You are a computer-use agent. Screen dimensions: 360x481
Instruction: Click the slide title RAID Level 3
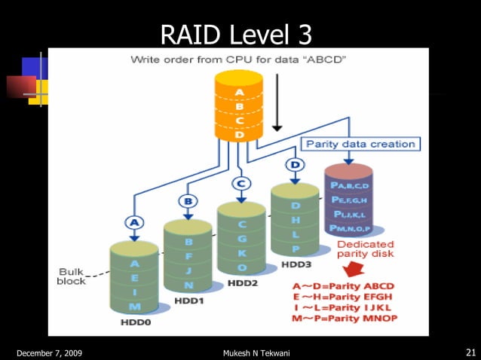[x=236, y=34]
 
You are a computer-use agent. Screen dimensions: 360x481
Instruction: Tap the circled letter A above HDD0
[x=133, y=222]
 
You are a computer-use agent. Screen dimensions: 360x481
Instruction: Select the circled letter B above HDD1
[x=187, y=201]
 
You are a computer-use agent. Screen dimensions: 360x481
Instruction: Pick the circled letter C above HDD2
[x=241, y=183]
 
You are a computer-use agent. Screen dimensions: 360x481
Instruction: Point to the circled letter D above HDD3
[x=295, y=164]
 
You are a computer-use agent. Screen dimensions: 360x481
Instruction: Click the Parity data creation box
[x=360, y=144]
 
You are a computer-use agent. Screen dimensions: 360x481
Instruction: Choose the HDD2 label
[x=242, y=283]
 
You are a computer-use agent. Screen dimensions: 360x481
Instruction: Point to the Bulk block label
[x=72, y=276]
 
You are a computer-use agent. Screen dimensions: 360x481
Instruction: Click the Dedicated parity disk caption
[x=365, y=249]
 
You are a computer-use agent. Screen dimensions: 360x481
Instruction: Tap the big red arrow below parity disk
[x=354, y=269]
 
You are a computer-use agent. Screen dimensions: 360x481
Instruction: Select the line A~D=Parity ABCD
[x=344, y=286]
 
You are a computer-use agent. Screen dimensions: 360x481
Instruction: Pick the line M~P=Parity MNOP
[x=344, y=319]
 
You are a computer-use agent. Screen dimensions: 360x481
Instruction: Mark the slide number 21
[x=470, y=352]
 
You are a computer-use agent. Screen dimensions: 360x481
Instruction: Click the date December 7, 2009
[x=47, y=353]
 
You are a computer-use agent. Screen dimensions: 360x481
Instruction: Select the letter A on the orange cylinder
[x=239, y=93]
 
